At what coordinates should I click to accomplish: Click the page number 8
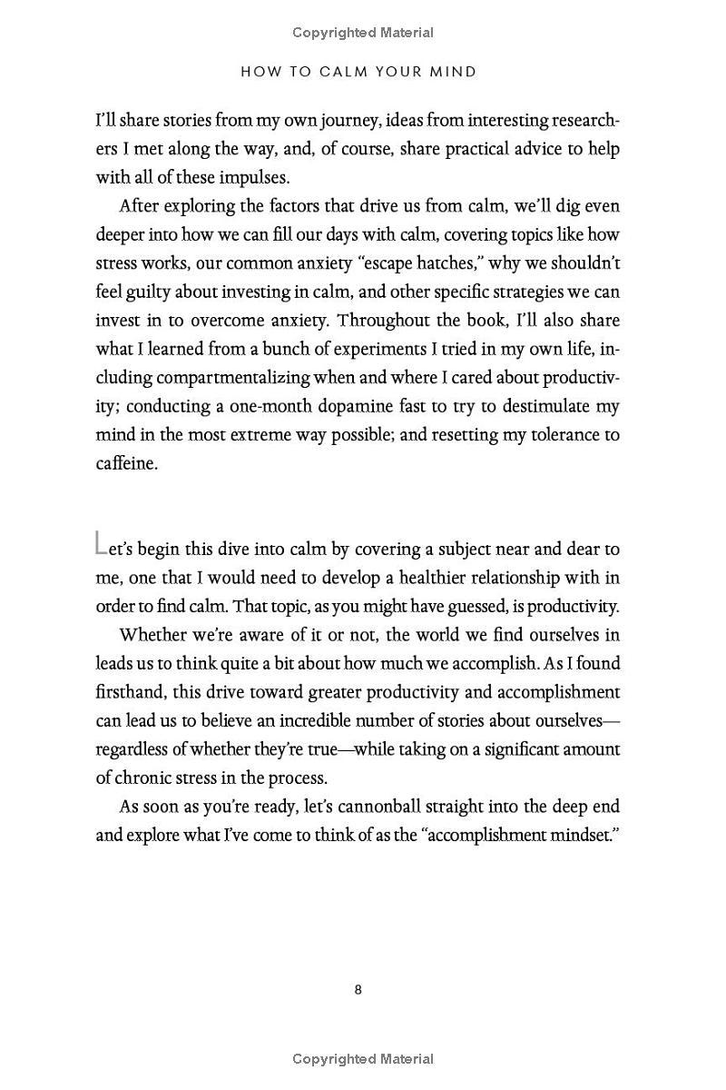coord(358,989)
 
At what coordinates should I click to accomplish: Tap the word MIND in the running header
coord(454,72)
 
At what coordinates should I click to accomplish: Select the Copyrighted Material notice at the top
coord(363,33)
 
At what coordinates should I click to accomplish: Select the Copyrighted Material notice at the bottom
coord(363,1058)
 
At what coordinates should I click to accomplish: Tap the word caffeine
coord(126,463)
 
